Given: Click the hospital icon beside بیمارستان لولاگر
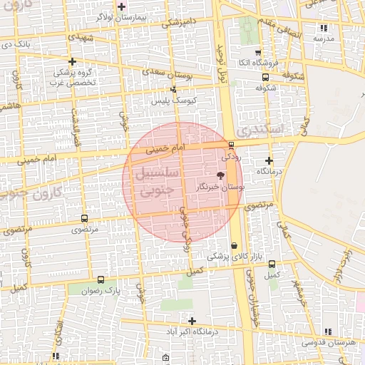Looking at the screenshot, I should (x=122, y=6).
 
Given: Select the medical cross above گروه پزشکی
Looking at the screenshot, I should (x=72, y=61).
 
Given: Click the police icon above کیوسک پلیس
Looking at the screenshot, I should (x=174, y=90).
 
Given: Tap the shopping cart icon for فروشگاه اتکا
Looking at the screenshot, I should (x=257, y=53).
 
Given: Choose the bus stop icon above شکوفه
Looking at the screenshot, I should (x=265, y=78).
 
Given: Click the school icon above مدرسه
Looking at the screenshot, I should (x=324, y=28).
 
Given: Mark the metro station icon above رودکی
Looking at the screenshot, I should (x=231, y=144).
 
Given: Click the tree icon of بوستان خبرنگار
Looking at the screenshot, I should (x=220, y=175).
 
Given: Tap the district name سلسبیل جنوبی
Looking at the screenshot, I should (x=148, y=181).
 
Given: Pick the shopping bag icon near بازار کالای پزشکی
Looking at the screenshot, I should (x=234, y=246).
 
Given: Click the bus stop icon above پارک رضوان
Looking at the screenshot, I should (x=101, y=280).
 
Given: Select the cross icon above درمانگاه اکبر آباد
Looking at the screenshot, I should (x=192, y=321).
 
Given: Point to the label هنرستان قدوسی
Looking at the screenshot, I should (x=329, y=343).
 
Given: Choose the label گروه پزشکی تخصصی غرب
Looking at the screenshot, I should (x=72, y=77).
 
